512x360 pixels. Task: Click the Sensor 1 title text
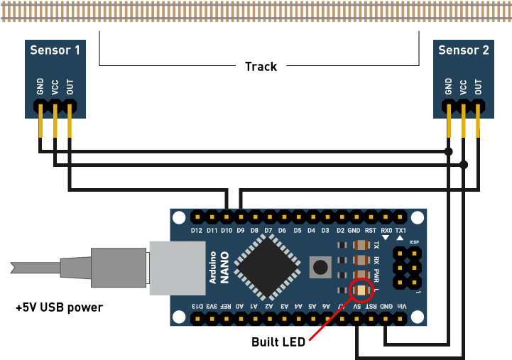coord(55,50)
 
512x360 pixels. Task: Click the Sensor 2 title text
coord(463,50)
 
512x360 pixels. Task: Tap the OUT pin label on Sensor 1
coord(70,87)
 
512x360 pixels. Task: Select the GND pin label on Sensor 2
coord(448,87)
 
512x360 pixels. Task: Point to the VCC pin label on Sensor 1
coord(55,87)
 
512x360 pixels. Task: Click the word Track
coord(261,67)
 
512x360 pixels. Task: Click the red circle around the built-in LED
coord(362,290)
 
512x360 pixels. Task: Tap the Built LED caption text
coord(278,342)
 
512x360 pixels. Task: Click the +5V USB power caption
coord(59,307)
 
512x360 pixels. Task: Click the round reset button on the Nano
coord(320,267)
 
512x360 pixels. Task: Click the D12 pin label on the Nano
coord(197,231)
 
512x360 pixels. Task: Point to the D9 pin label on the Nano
coord(240,231)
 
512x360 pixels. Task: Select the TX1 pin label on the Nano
coord(401,231)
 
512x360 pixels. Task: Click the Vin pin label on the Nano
coord(401,306)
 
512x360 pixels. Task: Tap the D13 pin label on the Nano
coord(197,306)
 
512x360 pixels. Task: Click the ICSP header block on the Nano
coord(406,266)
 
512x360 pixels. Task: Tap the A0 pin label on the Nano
coord(240,306)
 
